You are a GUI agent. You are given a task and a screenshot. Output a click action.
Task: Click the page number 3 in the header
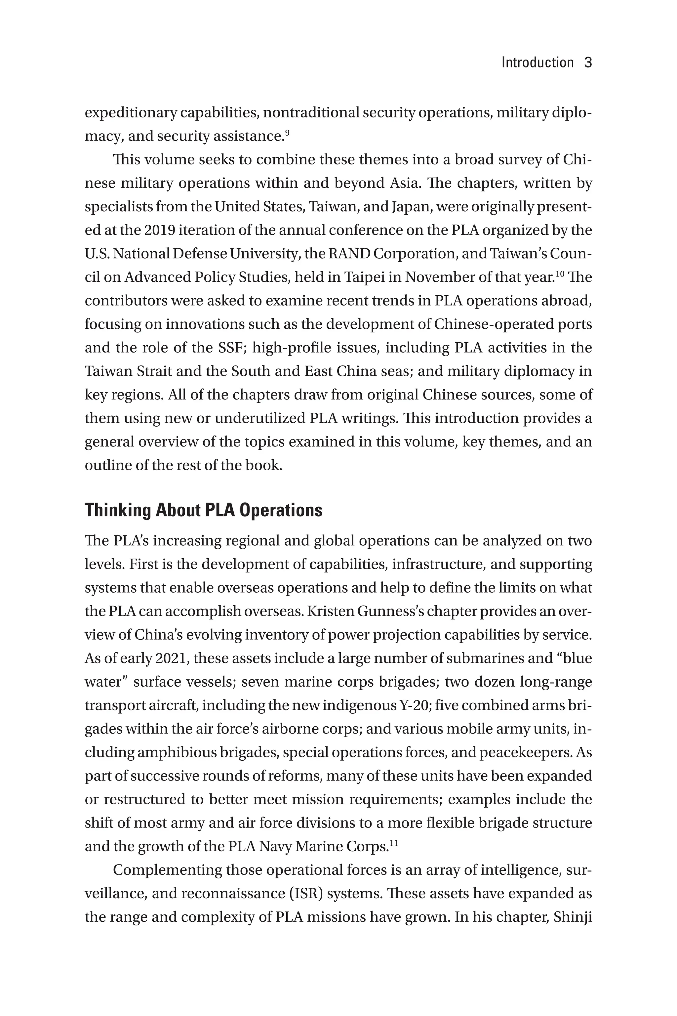[588, 63]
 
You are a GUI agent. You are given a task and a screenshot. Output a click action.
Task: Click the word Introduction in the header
[537, 63]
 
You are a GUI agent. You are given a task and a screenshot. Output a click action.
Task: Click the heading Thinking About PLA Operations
[203, 510]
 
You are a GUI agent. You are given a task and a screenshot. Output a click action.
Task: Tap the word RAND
[349, 254]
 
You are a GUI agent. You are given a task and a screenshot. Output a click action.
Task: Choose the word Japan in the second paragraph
[412, 207]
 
